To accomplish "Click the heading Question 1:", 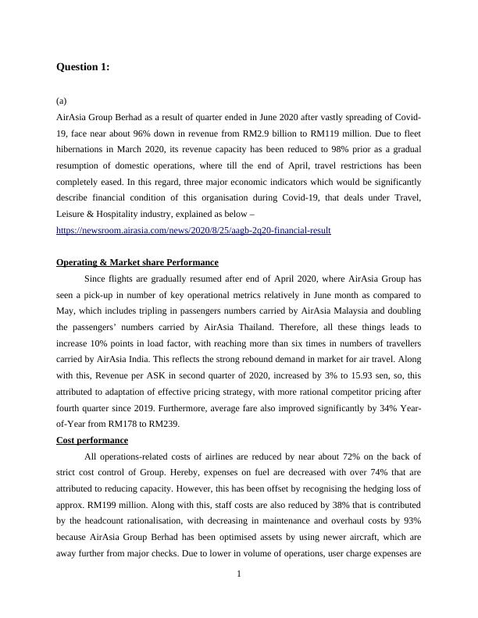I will click(83, 67).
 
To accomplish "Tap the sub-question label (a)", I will click(62, 101).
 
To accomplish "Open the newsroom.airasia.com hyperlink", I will click(194, 231).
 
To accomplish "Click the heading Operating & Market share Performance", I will click(137, 262).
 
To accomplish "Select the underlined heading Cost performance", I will click(92, 441).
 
